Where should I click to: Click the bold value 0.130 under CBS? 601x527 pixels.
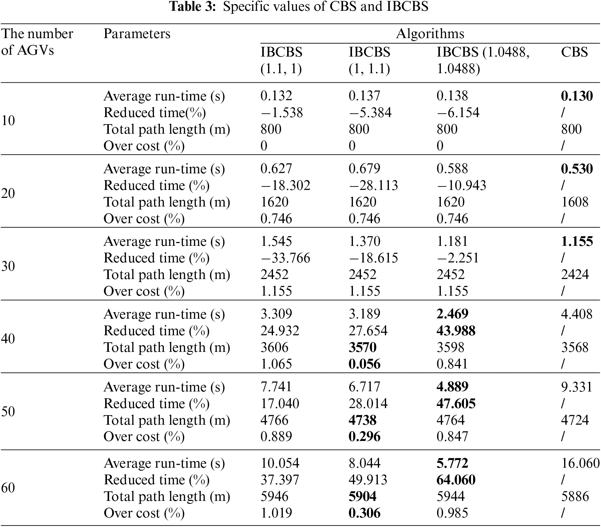576,96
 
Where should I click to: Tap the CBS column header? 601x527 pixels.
574,52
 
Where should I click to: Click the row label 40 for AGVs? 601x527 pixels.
8,339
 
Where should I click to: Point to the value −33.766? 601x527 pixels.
285,258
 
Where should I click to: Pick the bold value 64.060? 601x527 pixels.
456,480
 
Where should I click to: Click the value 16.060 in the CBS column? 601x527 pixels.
580,463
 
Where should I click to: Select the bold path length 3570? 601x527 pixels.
362,347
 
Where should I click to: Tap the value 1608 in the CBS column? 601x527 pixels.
575,202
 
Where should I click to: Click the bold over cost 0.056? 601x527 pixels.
364,364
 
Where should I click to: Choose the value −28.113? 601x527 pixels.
373,185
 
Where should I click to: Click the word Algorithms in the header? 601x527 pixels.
430,33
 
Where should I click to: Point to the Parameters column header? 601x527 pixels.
137,33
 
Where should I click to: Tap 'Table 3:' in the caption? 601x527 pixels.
193,6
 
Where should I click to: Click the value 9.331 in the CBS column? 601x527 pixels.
576,387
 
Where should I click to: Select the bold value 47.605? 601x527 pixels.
456,403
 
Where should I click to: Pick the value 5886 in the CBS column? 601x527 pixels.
575,496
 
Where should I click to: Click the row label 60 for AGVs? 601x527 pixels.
8,488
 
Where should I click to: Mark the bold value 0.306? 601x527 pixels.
364,513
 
